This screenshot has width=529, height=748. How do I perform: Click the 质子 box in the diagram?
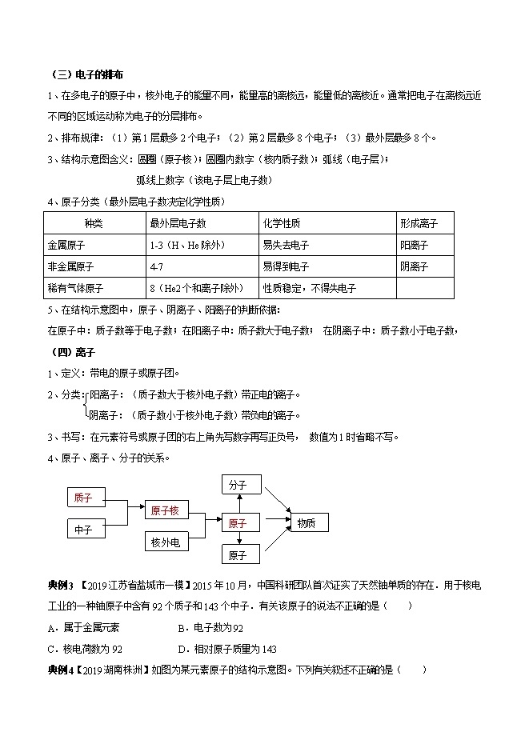(x=83, y=498)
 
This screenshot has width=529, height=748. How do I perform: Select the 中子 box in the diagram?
(x=83, y=529)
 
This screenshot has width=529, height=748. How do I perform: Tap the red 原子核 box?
(x=165, y=511)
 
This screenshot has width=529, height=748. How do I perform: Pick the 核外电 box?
(x=165, y=543)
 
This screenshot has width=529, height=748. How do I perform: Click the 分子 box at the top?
(x=238, y=485)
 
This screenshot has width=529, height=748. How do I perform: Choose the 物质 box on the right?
(x=307, y=523)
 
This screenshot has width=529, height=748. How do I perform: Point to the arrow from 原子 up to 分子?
(x=238, y=504)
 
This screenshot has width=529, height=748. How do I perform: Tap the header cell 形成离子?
(x=418, y=223)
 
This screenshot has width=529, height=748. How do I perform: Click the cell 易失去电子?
(x=286, y=245)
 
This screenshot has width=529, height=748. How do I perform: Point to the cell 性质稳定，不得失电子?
(x=309, y=288)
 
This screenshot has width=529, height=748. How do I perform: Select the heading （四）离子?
(x=67, y=351)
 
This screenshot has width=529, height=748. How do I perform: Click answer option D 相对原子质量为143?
(x=226, y=649)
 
